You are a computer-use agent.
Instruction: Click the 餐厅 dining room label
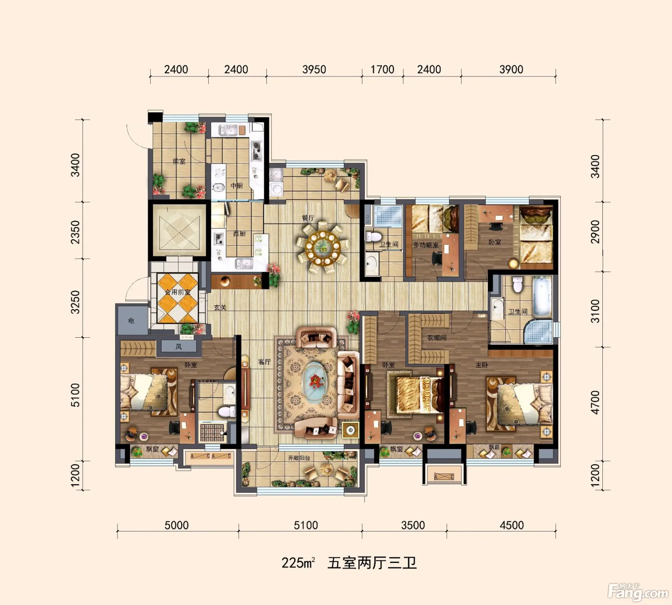pos(308,218)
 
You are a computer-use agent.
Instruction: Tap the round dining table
pos(323,248)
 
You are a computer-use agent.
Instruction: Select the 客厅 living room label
pos(264,362)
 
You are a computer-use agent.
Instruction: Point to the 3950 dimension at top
pos(314,70)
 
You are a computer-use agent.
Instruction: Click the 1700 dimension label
pos(382,70)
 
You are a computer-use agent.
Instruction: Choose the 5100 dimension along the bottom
pos(306,525)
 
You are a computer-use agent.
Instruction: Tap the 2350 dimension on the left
pos(76,232)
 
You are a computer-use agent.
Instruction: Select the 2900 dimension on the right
pos(595,232)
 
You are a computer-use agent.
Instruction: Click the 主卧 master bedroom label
pos(481,365)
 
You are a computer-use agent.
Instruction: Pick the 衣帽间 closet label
pos(436,338)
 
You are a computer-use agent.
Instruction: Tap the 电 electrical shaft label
pos(131,321)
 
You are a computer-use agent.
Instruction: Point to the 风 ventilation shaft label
pos(179,347)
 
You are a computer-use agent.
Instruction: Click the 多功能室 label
pos(426,245)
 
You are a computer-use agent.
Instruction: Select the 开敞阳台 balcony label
pos(299,458)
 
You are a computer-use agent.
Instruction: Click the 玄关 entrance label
pos(220,307)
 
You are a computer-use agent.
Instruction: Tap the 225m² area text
pos(298,563)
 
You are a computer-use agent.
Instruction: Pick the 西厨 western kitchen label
pos(239,234)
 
